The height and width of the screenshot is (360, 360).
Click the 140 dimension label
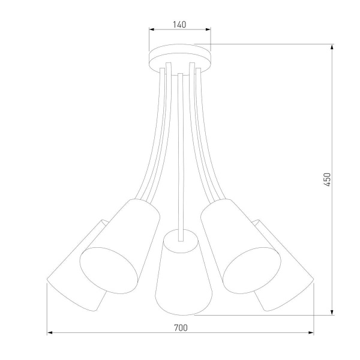tap(179, 25)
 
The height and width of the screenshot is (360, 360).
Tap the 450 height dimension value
tap(327, 179)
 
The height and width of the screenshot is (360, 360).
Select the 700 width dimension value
tap(181, 327)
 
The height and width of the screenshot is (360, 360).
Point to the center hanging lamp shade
tap(180, 276)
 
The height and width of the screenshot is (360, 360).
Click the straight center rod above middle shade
tap(180, 150)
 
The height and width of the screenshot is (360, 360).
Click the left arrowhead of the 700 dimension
tap(49, 332)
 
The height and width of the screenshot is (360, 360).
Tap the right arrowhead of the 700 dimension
tap(311, 332)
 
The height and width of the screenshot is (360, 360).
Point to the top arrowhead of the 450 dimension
tap(332, 47)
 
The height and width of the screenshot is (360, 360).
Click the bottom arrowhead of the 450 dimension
tap(332, 313)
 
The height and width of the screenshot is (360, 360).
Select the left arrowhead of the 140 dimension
tap(151, 29)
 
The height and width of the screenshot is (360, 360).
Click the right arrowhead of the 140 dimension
tap(208, 29)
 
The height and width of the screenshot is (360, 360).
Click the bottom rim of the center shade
tap(179, 313)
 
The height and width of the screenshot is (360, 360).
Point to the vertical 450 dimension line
tap(332, 120)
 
